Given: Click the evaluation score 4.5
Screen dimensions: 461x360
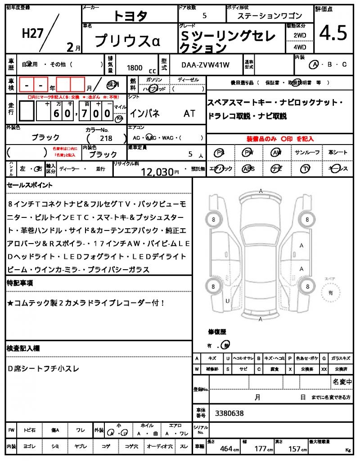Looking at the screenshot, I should [333, 33].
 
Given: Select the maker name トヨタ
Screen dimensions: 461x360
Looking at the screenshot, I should [130, 16].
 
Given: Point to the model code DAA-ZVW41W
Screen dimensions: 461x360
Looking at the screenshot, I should [205, 65].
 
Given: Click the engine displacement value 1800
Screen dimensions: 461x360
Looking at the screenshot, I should [135, 68].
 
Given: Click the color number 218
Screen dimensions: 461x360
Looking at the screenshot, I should [106, 139].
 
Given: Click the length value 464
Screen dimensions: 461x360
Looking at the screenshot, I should [226, 448].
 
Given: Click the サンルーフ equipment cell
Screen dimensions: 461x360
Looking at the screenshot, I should [307, 152].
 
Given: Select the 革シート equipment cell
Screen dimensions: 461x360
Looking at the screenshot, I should [337, 152].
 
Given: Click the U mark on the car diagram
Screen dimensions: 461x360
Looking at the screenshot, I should [228, 301].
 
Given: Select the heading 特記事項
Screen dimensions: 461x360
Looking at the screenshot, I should [19, 283].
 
